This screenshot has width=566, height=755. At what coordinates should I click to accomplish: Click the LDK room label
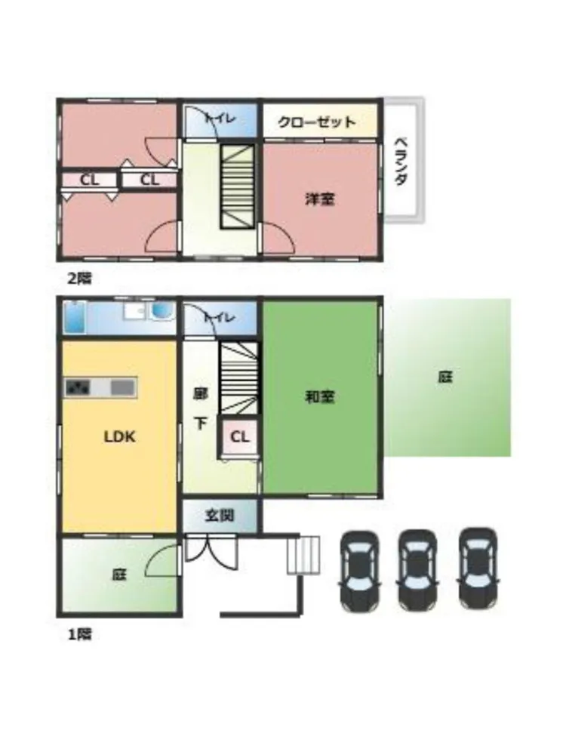click(x=120, y=436)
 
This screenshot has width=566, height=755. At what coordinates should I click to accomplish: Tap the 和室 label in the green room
click(x=320, y=397)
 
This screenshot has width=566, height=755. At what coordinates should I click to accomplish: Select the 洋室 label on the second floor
click(x=320, y=199)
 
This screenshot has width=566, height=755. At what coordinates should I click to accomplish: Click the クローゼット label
click(x=317, y=122)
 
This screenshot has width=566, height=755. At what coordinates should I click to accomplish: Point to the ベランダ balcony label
click(x=401, y=162)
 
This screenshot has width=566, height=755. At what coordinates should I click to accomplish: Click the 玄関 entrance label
click(x=220, y=516)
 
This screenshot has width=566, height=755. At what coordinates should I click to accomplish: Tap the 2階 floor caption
click(x=79, y=279)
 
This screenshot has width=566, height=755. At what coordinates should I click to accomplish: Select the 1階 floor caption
click(x=79, y=635)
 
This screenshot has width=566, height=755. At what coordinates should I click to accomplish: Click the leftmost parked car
click(x=360, y=570)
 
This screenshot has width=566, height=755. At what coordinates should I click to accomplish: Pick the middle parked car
click(x=418, y=570)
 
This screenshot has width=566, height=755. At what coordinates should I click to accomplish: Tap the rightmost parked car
click(x=478, y=569)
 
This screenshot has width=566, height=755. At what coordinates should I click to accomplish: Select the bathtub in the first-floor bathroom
click(x=75, y=317)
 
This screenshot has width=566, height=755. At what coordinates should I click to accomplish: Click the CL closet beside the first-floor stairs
click(x=240, y=437)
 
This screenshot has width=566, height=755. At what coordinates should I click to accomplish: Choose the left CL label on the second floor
click(x=90, y=180)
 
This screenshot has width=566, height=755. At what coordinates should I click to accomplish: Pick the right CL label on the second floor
click(x=149, y=180)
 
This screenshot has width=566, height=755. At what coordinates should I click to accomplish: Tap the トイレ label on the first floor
click(x=219, y=317)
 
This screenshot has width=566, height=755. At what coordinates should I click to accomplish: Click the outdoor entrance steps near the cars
click(x=304, y=555)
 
